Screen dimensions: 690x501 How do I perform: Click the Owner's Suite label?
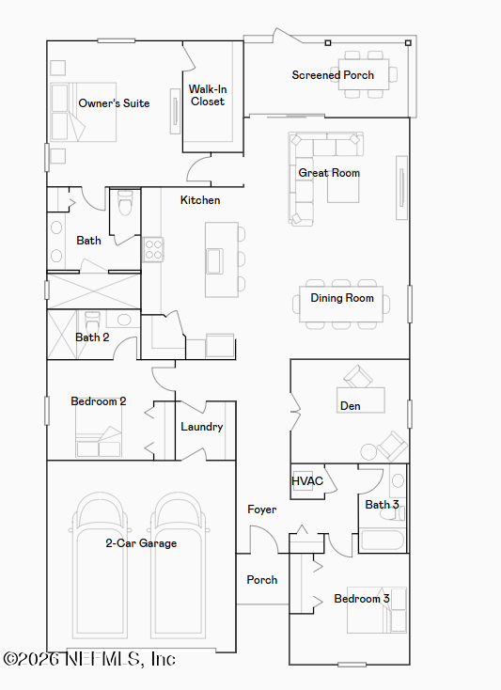point(114,103)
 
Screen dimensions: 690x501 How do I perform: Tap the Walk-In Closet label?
point(208,95)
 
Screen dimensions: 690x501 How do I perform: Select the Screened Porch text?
point(333,75)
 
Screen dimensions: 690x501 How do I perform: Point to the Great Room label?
point(329,173)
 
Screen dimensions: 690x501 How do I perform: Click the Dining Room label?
point(342,298)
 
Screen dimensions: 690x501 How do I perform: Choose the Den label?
point(350,406)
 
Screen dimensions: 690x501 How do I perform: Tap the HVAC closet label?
point(307,481)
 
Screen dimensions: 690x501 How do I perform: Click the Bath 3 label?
point(383,505)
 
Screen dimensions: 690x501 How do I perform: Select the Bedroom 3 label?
point(362,599)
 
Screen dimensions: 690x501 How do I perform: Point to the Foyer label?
point(262,510)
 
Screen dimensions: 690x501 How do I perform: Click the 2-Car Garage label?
point(141,543)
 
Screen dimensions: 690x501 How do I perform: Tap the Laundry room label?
point(202,427)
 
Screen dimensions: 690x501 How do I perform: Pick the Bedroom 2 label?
point(99,401)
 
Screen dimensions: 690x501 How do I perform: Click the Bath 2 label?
point(92,337)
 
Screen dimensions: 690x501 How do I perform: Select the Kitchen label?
point(200,200)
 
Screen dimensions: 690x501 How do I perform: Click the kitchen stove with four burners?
point(152,250)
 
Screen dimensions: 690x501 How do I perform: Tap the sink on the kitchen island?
point(215,259)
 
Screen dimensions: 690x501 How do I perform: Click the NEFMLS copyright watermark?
point(89,660)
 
